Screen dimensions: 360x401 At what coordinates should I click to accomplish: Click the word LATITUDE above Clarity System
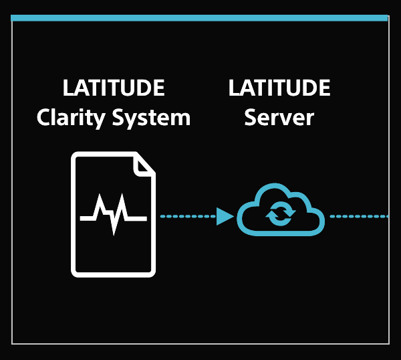114,88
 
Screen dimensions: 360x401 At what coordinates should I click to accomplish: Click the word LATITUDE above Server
279,88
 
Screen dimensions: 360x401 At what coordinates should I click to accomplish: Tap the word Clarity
71,118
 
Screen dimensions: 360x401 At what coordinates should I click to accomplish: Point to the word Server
279,118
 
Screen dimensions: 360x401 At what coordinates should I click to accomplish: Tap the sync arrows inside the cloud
280,215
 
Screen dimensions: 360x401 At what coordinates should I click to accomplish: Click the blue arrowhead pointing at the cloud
225,216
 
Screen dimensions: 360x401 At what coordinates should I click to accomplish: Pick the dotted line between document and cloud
187,216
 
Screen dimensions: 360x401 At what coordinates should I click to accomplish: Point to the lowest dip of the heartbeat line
115,232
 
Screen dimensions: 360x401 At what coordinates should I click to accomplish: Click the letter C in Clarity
44,118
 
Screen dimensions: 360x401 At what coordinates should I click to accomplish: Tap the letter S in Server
251,118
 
